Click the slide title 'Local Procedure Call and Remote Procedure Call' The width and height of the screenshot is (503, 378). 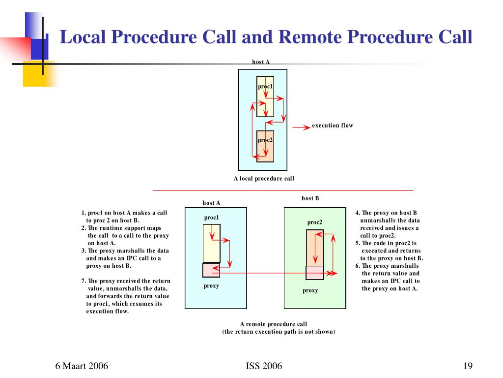[266, 37]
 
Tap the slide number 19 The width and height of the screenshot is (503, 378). [467, 366]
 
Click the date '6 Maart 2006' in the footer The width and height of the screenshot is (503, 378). [82, 366]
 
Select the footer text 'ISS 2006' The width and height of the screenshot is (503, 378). [264, 366]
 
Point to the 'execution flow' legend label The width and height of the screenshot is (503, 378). [332, 126]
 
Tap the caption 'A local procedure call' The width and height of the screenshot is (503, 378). [264, 179]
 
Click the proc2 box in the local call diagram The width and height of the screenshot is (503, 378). [265, 146]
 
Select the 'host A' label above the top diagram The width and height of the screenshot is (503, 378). [261, 62]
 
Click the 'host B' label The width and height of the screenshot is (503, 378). [310, 198]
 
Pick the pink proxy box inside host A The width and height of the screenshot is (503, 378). [211, 270]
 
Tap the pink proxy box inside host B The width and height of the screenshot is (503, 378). [315, 273]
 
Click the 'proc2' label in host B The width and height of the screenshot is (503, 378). [315, 222]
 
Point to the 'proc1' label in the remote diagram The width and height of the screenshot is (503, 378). [211, 218]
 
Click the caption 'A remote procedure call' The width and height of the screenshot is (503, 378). [273, 324]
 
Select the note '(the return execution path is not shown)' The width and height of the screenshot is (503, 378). [279, 332]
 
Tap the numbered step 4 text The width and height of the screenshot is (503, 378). [388, 224]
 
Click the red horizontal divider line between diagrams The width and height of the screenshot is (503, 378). [283, 190]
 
